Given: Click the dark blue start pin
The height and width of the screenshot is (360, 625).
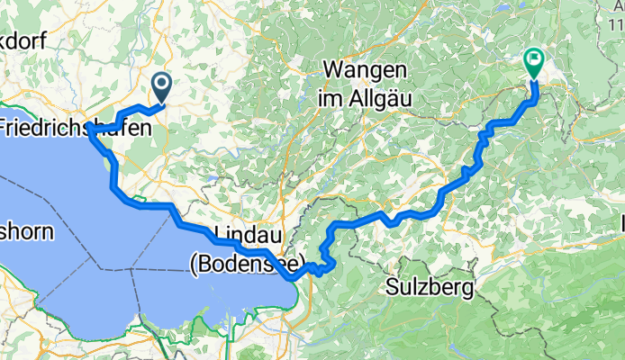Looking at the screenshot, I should pyautogui.click(x=163, y=86).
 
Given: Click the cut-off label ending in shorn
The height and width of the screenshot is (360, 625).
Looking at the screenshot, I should pyautogui.click(x=27, y=231).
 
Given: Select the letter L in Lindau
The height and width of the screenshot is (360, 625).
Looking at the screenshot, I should pyautogui.click(x=222, y=236).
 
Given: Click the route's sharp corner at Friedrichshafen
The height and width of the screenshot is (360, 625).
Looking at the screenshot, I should pyautogui.click(x=90, y=131).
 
